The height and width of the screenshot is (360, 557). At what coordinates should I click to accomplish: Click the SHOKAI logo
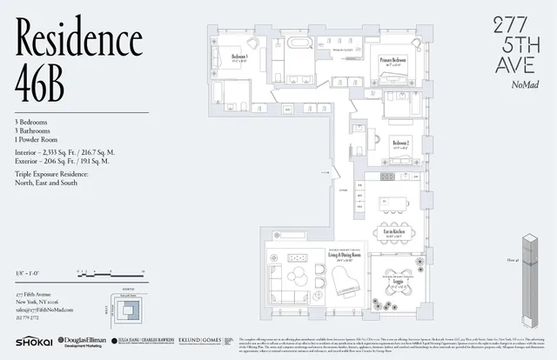pos(32,342)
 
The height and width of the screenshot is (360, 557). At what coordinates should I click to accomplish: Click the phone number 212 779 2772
pos(29,318)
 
